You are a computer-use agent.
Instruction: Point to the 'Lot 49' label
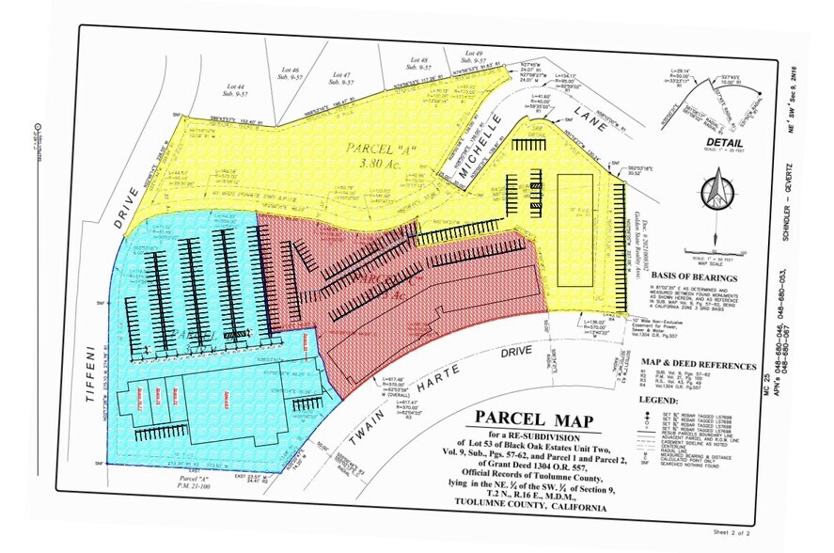473,55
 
